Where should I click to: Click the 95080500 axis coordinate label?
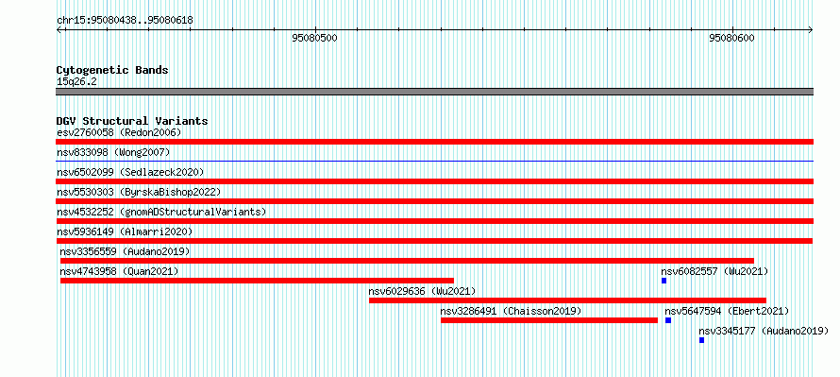pyautogui.click(x=315, y=38)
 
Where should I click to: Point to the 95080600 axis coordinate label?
pyautogui.click(x=731, y=38)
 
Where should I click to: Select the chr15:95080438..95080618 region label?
pyautogui.click(x=125, y=21)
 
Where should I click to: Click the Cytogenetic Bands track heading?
pyautogui.click(x=112, y=70)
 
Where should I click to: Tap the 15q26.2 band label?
pyautogui.click(x=76, y=82)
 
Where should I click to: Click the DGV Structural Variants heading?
pyautogui.click(x=132, y=121)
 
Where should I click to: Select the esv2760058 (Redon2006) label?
pyautogui.click(x=119, y=132)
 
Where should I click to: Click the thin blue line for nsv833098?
pyautogui.click(x=434, y=161)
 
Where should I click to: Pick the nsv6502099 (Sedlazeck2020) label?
pyautogui.click(x=130, y=172)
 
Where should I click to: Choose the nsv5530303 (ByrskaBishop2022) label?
pyautogui.click(x=139, y=192)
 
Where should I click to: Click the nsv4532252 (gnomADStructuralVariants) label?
pyautogui.click(x=161, y=212)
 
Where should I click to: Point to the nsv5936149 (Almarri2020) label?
pyautogui.click(x=125, y=231)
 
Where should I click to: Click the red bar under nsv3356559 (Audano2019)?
pyautogui.click(x=407, y=261)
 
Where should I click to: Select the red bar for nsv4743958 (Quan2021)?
pyautogui.click(x=257, y=281)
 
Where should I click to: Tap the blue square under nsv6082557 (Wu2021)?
pyautogui.click(x=664, y=281)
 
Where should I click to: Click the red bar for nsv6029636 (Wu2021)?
pyautogui.click(x=568, y=300)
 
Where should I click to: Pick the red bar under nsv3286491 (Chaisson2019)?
pyautogui.click(x=549, y=320)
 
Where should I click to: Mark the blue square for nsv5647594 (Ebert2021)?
pyautogui.click(x=668, y=320)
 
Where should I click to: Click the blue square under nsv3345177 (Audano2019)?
pyautogui.click(x=702, y=340)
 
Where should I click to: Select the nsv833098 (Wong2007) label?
pyautogui.click(x=113, y=152)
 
